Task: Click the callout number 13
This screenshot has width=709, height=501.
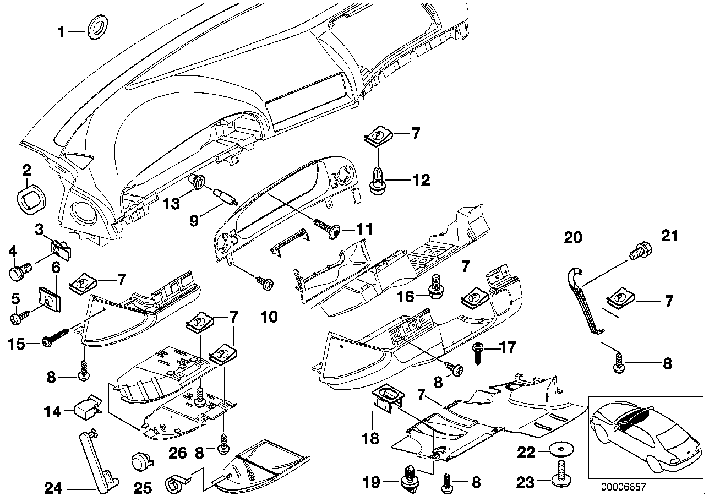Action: tap(172, 205)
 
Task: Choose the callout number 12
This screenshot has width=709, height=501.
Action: tap(422, 179)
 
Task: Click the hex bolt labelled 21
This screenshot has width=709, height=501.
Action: tap(640, 251)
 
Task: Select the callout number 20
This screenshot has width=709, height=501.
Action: tap(572, 238)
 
